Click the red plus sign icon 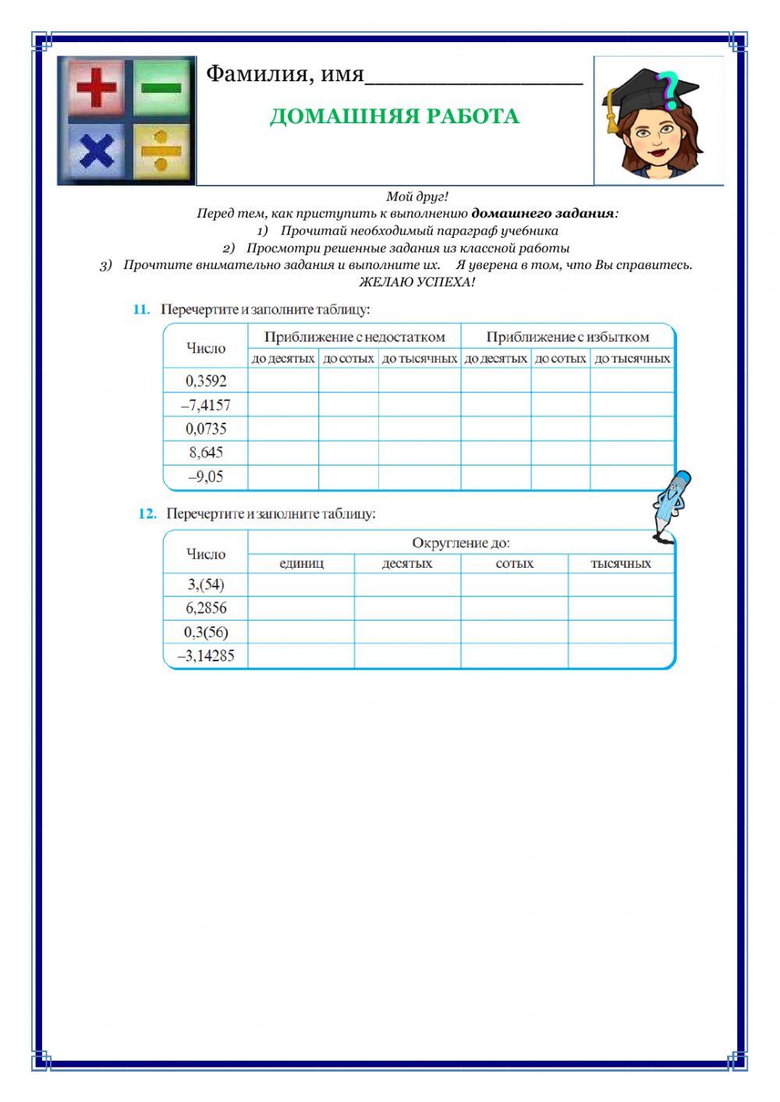96,88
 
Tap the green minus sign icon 161,87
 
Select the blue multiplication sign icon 95,151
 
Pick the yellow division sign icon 161,151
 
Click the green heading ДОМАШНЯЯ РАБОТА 394,116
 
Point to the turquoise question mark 668,89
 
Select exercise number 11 141,310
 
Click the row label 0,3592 206,381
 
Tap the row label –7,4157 206,405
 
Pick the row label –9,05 206,477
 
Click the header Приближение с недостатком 354,337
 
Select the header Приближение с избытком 567,337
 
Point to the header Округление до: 460,543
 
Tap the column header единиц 301,563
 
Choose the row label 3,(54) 206,584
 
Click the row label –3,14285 206,656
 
